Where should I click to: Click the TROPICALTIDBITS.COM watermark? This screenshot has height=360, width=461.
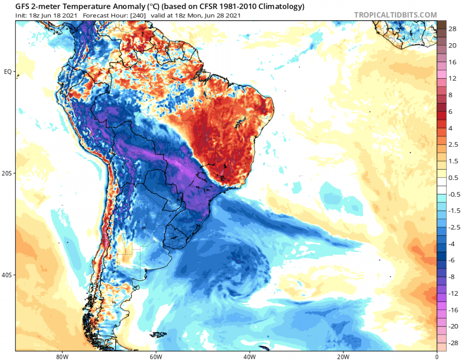395,15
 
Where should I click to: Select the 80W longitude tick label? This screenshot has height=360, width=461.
61,357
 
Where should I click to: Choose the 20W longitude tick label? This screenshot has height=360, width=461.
342,357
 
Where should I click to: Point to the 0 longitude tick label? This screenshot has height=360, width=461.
437,357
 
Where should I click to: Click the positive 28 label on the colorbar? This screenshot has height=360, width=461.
452,29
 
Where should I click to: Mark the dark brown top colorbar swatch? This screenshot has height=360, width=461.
442,25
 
